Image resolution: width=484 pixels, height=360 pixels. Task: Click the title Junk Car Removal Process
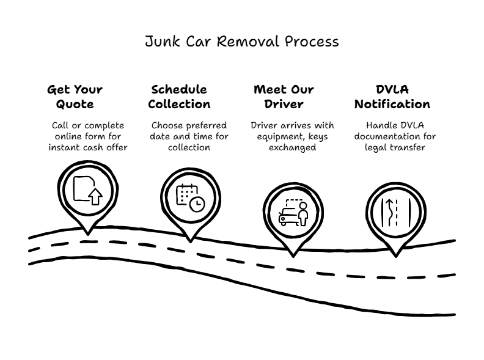click(x=241, y=42)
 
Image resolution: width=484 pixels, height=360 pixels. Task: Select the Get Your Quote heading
click(x=75, y=97)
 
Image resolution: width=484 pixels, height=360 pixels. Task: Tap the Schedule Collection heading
click(x=179, y=97)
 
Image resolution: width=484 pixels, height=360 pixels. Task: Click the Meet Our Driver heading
click(x=284, y=97)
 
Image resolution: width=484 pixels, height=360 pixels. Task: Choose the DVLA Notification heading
click(x=392, y=97)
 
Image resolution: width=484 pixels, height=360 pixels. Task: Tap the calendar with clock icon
click(x=190, y=197)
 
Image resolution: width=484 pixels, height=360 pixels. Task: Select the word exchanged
click(x=293, y=148)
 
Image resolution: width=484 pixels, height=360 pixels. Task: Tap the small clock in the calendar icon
click(x=197, y=205)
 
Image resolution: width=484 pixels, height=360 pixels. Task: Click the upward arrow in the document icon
click(x=95, y=197)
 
